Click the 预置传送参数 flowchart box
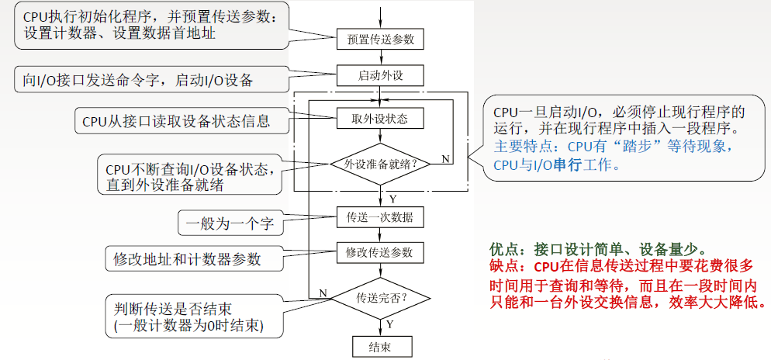381,39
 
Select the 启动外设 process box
381,75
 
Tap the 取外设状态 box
381,119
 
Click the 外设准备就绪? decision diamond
381,164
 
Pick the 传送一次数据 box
381,216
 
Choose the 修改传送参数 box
381,252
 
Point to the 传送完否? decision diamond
381,297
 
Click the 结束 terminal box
381,346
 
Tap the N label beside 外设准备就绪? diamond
445,159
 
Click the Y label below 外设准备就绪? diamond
392,199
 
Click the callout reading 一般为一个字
230,225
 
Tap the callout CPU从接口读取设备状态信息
176,121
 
